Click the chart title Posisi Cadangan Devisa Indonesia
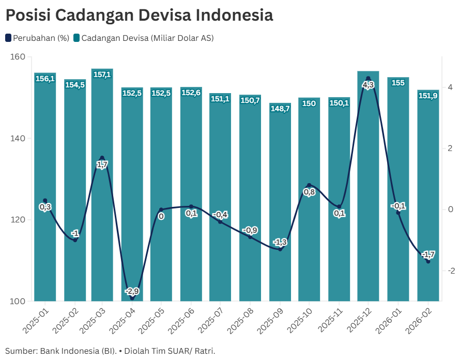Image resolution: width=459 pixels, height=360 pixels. (x=139, y=16)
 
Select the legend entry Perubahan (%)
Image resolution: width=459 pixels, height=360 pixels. (x=37, y=38)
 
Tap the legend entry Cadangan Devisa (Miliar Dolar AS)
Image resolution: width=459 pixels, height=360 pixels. (x=143, y=38)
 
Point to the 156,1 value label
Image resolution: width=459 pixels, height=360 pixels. (x=45, y=79)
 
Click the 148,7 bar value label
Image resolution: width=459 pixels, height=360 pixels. (x=280, y=109)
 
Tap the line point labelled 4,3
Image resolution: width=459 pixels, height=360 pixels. (x=368, y=79)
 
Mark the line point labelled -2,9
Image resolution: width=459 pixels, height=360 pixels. (x=132, y=298)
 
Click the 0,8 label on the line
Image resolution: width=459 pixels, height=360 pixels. (x=309, y=192)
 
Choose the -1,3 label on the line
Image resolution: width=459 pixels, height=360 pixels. (x=280, y=242)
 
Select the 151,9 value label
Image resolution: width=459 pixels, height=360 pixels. (x=428, y=95)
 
